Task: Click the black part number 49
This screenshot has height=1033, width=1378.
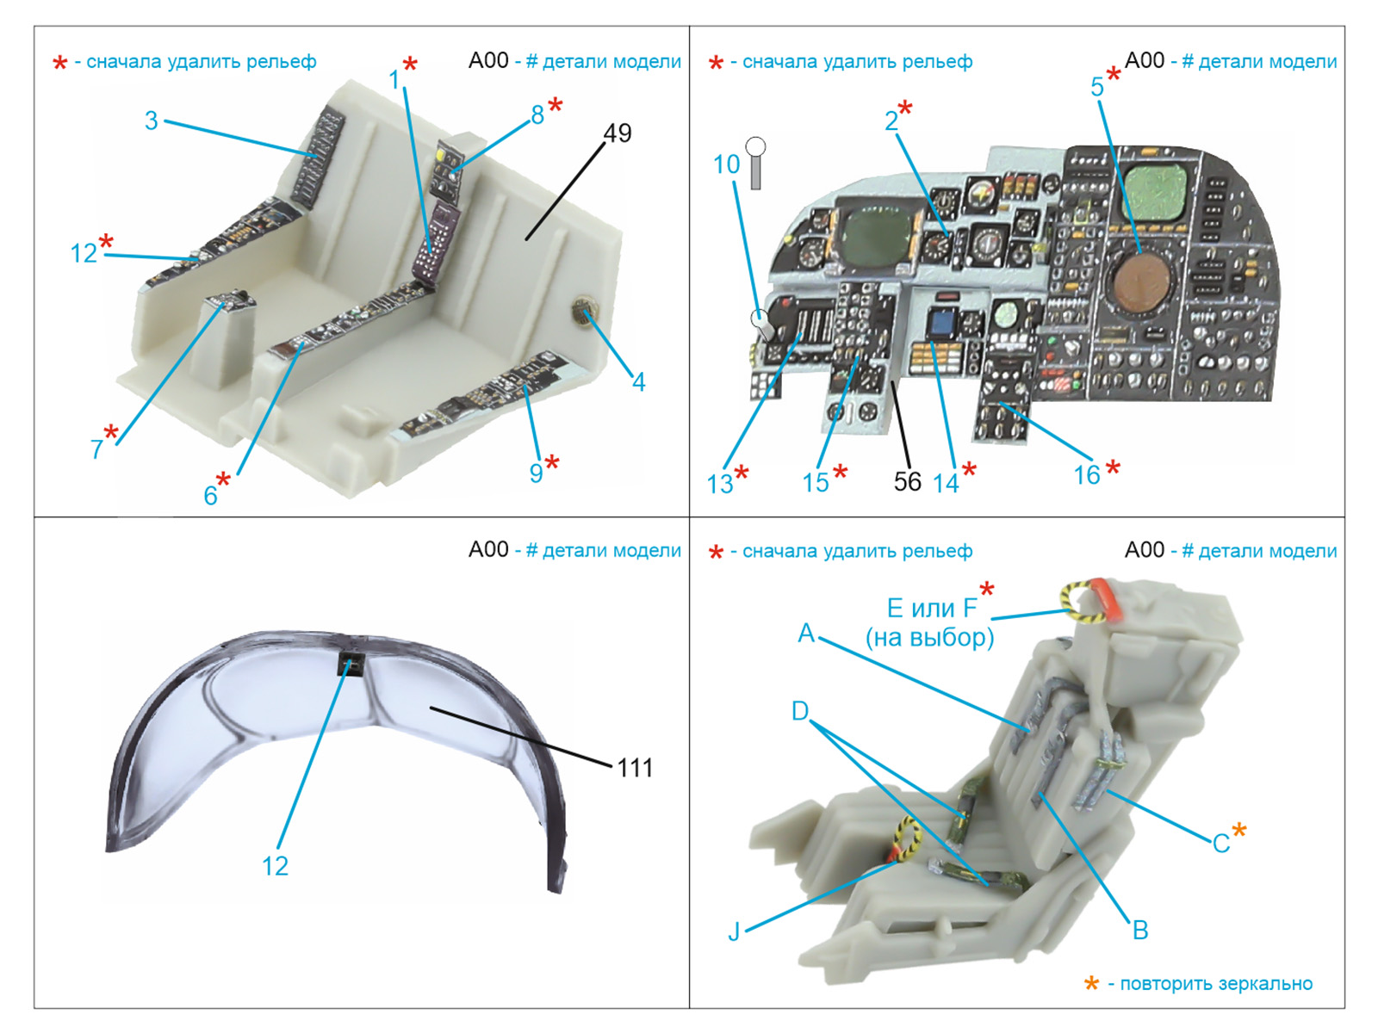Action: coord(618,133)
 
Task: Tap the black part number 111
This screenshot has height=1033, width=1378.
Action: coord(635,768)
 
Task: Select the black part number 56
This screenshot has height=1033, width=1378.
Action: coord(907,482)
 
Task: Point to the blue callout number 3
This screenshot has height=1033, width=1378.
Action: coord(152,121)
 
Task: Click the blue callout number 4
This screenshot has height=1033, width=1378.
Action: coord(638,381)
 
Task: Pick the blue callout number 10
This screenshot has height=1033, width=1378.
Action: coord(726,164)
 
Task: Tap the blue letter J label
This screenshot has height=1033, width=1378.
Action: coord(734,931)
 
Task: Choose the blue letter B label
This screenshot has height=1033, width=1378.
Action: coord(1140,931)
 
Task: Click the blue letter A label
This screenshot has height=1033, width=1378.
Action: coord(806,633)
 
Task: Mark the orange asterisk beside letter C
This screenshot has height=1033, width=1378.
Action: coord(1238,831)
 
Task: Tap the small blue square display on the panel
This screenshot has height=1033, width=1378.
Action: coord(939,324)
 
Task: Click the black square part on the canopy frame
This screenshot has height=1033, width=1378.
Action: coord(351,663)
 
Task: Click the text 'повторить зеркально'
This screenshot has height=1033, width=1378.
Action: coord(1216,983)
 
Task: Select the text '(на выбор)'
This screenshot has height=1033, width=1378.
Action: coord(930,637)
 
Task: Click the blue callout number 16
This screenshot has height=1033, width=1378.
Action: coord(1087,475)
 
